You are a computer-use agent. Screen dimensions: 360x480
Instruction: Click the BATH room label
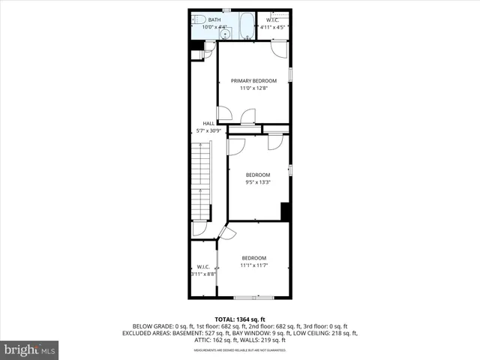coord(214,19)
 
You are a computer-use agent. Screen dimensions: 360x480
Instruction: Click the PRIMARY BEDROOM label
coord(253,81)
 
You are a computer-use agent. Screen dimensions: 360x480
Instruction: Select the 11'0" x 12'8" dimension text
coord(253,88)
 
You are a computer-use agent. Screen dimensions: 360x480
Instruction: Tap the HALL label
coord(208,123)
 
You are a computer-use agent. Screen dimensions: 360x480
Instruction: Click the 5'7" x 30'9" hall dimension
coord(208,130)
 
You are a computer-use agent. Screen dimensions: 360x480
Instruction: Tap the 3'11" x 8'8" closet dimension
coord(203,274)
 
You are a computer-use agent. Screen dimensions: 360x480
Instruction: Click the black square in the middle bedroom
coord(285,211)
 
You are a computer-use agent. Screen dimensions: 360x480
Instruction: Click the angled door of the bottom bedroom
coord(226,233)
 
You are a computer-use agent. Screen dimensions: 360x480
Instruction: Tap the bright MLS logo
coord(30,349)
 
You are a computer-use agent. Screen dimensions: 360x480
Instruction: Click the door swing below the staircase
coord(199,229)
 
